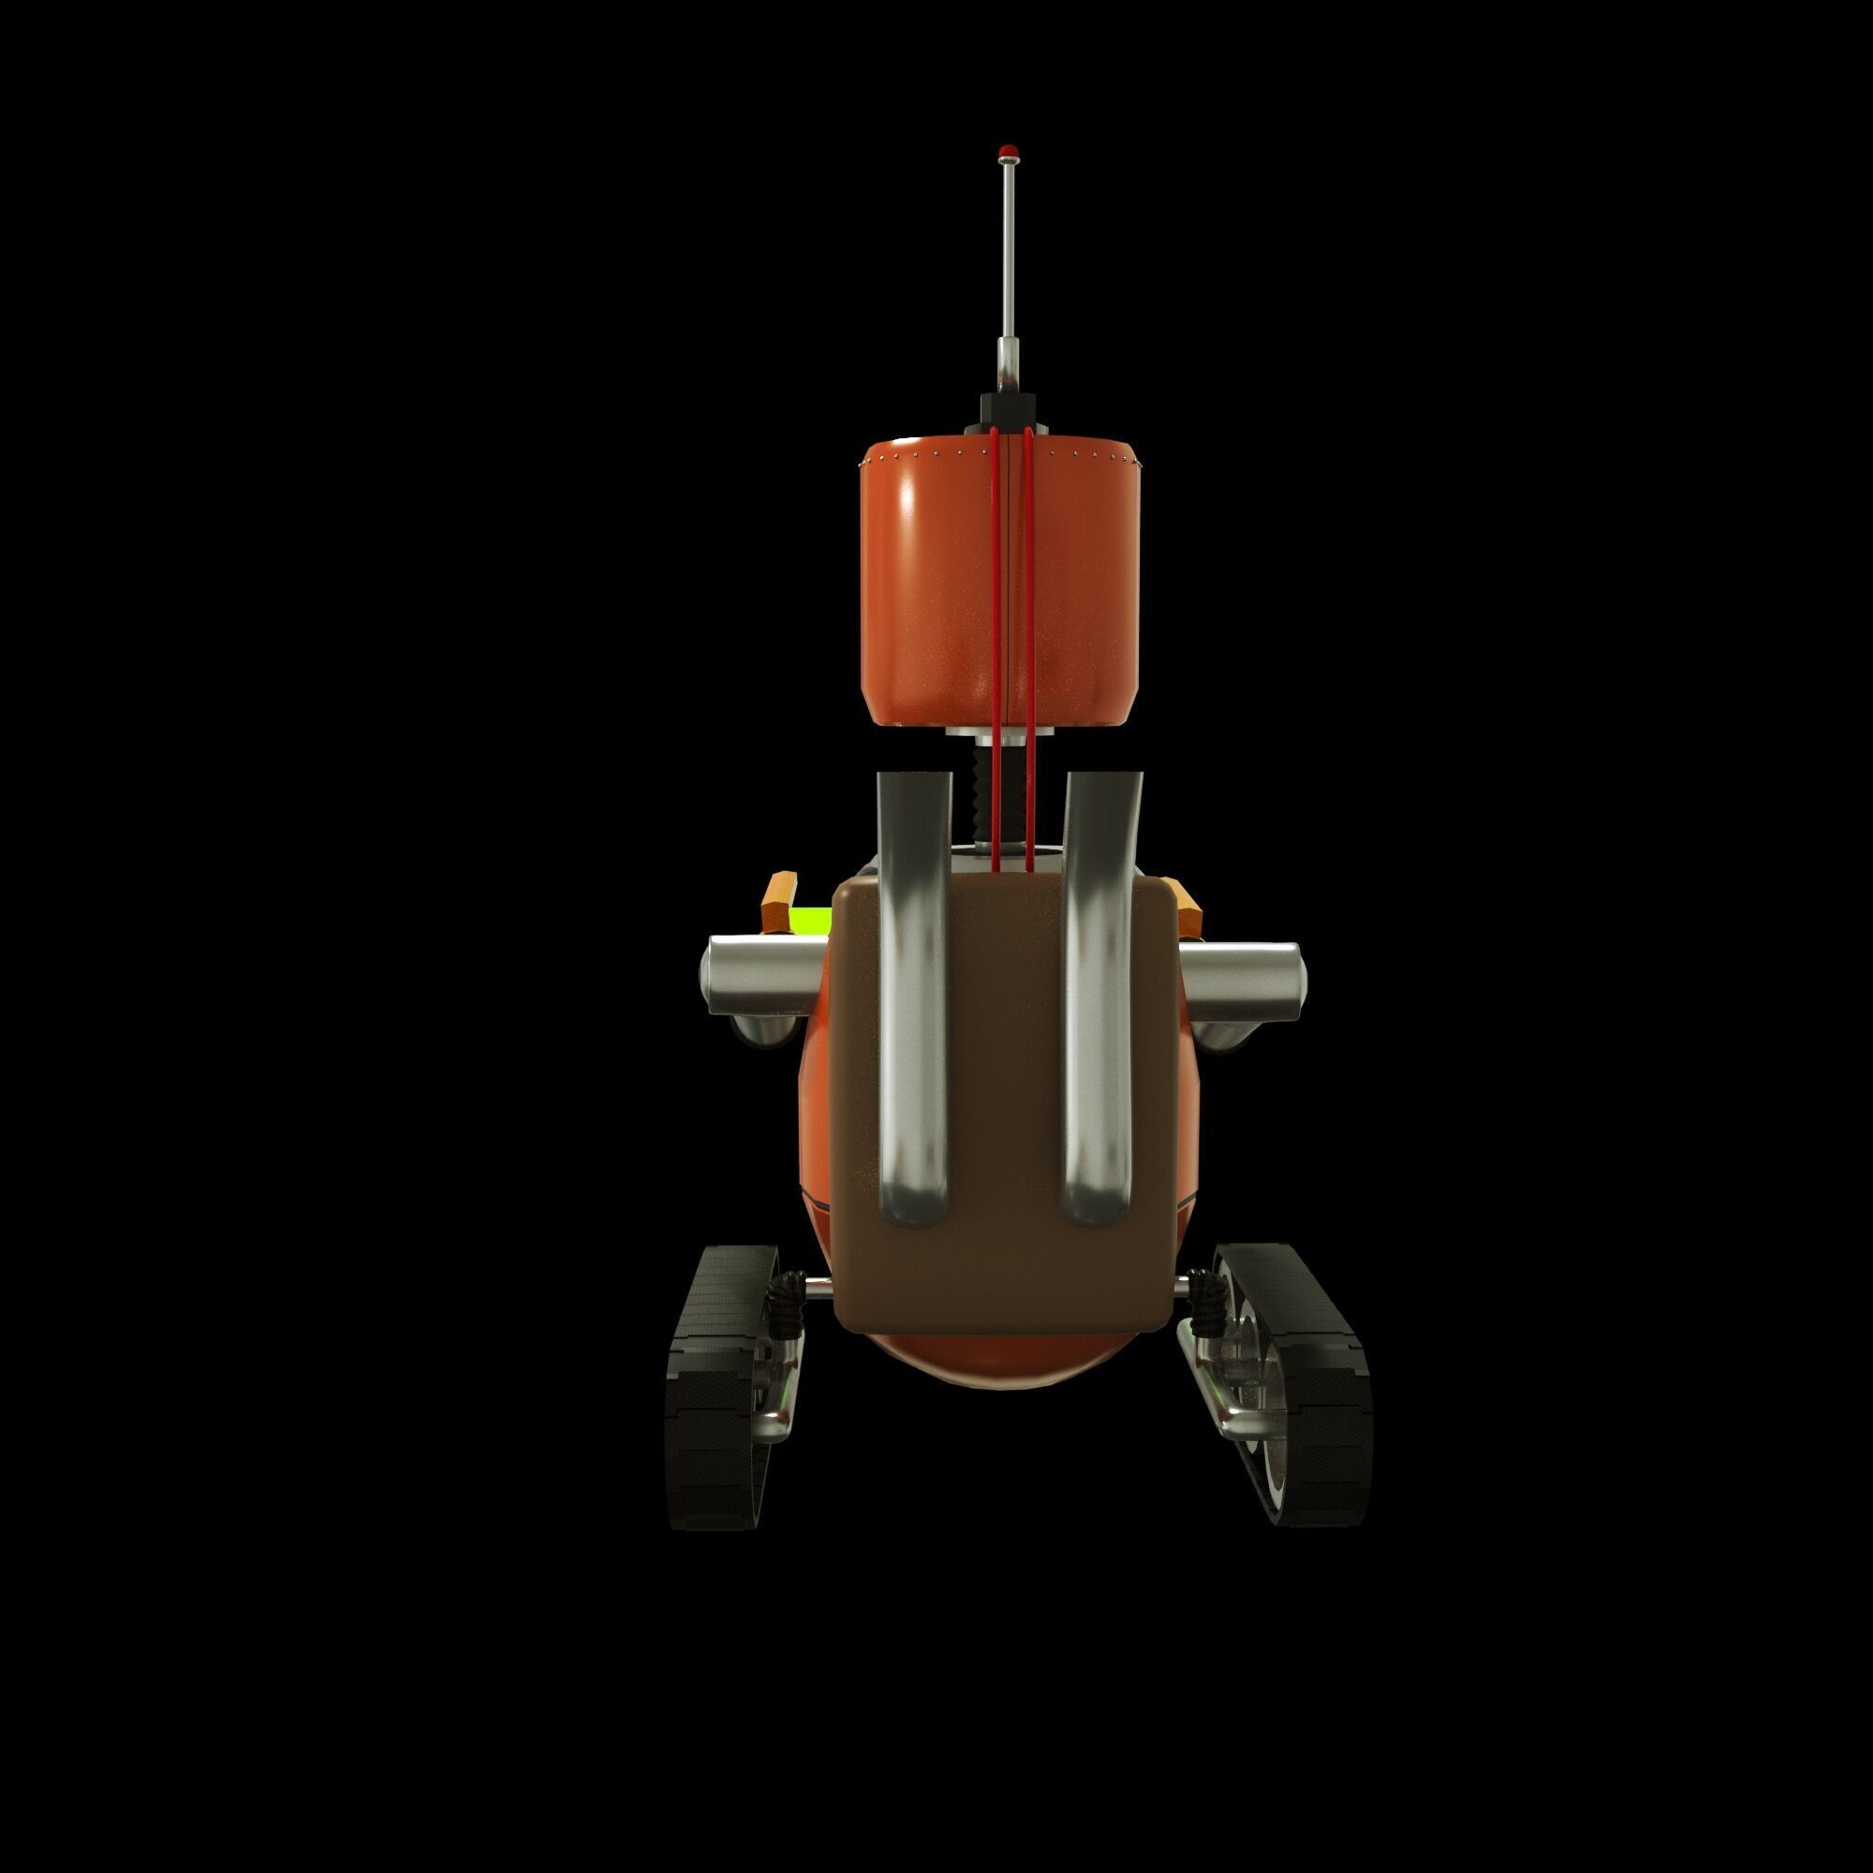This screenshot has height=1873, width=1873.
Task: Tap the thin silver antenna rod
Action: click(x=1009, y=262)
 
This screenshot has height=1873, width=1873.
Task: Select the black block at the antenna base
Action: click(x=1009, y=406)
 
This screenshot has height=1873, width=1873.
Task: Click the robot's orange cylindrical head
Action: click(x=931, y=582)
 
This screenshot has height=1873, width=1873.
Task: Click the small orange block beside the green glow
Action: click(x=778, y=901)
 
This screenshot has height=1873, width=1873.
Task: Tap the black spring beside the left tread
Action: click(x=781, y=1304)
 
